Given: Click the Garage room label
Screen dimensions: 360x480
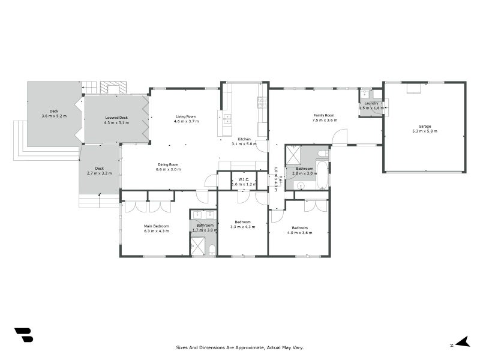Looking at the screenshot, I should click(425, 126).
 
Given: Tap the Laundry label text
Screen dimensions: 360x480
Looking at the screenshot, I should click(371, 103).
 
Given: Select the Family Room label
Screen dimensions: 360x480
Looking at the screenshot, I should click(323, 115).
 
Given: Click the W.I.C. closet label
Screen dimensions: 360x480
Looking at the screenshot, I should click(244, 179).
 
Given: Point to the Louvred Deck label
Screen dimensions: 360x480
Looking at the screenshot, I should click(116, 118).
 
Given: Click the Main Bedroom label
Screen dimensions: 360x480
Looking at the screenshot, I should click(156, 226).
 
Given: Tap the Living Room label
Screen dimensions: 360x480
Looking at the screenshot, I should click(185, 116).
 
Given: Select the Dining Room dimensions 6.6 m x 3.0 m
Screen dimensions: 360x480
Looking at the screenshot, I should click(168, 169).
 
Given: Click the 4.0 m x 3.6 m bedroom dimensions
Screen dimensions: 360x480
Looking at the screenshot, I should click(299, 232).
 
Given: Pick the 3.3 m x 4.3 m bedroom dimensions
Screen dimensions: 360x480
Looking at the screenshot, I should click(242, 227).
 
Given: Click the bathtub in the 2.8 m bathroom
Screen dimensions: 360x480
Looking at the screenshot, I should click(322, 174).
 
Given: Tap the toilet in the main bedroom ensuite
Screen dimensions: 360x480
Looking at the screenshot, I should click(212, 249).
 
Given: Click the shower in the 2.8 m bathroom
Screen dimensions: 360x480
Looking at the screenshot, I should click(294, 154).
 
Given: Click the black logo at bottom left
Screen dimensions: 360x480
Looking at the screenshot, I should click(23, 335).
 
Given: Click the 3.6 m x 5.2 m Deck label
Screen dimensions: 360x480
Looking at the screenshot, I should click(54, 113).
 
